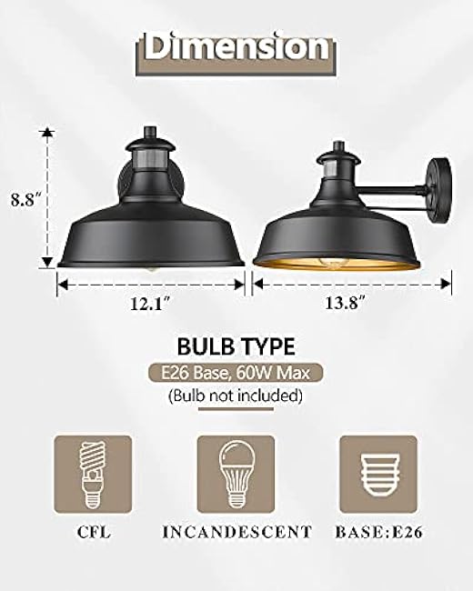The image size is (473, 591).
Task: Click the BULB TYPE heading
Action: click(236, 346)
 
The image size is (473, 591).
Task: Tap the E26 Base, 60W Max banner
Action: click(236, 373)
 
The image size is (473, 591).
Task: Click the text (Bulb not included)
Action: click(236, 396)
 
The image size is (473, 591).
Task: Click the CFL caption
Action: click(93, 531)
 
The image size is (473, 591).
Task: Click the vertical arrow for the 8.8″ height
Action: click(44, 198)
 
